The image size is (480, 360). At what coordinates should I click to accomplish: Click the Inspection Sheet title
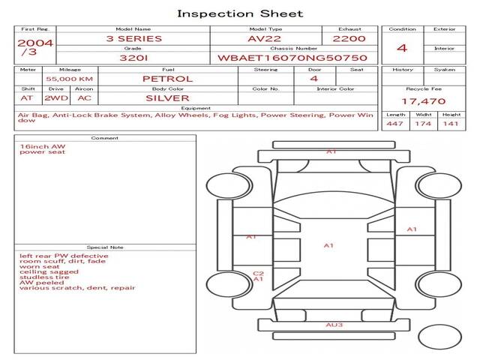pos(240,13)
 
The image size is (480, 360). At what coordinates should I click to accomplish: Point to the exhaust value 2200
pos(349,38)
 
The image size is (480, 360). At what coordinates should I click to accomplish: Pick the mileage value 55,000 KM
pos(69,79)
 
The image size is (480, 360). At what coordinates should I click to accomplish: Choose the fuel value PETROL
pos(168,79)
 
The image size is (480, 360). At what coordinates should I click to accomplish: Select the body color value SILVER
pos(168,98)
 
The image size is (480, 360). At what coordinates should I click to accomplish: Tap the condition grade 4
pos(402,48)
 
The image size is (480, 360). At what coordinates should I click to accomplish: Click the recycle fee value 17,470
pos(424,100)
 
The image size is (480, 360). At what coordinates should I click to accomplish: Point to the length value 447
pos(395,124)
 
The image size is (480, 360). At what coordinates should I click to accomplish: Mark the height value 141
pos(451,124)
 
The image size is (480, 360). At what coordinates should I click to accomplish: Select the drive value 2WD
pos(54,98)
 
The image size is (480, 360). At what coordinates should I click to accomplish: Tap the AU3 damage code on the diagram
pos(334,325)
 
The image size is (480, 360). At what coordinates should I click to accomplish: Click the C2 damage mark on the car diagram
pos(257,273)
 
